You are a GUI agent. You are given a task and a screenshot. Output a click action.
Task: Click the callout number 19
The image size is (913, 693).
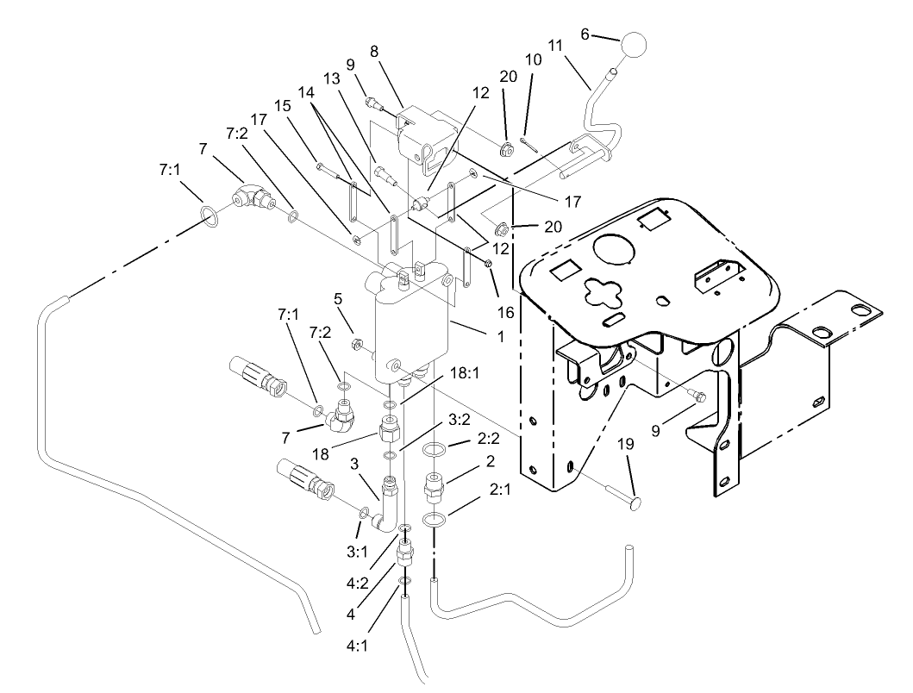[626, 446]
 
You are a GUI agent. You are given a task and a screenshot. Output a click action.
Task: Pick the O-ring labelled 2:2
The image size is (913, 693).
[437, 449]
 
